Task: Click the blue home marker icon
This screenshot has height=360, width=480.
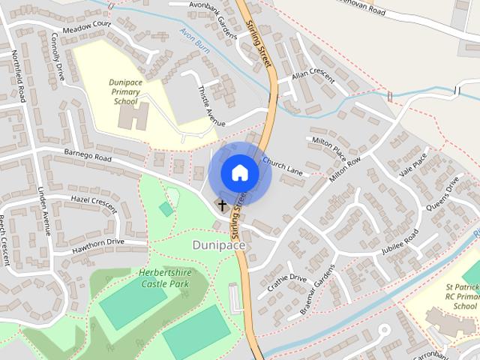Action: tap(239, 172)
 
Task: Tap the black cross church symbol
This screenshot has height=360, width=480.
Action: tap(222, 203)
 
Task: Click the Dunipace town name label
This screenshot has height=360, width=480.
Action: tap(218, 244)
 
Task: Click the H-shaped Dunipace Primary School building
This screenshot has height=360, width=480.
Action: tap(133, 115)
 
